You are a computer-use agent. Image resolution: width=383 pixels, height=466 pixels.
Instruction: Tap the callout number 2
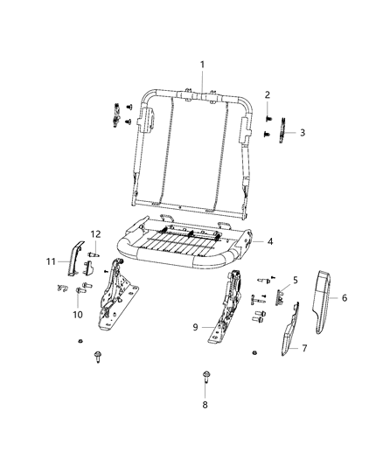(268, 94)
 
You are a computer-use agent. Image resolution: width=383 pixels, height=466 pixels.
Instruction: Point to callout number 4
(271, 241)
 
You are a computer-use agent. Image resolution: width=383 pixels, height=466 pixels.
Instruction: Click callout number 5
(296, 281)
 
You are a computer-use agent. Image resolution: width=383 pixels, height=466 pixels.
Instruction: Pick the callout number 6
(344, 298)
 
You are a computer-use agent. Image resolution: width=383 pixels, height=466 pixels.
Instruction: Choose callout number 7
(304, 349)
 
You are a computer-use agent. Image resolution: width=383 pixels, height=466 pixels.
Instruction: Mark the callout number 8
(204, 406)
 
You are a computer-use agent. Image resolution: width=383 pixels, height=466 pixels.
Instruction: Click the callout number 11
(51, 261)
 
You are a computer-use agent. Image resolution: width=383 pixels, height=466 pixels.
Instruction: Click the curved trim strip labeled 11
(75, 256)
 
